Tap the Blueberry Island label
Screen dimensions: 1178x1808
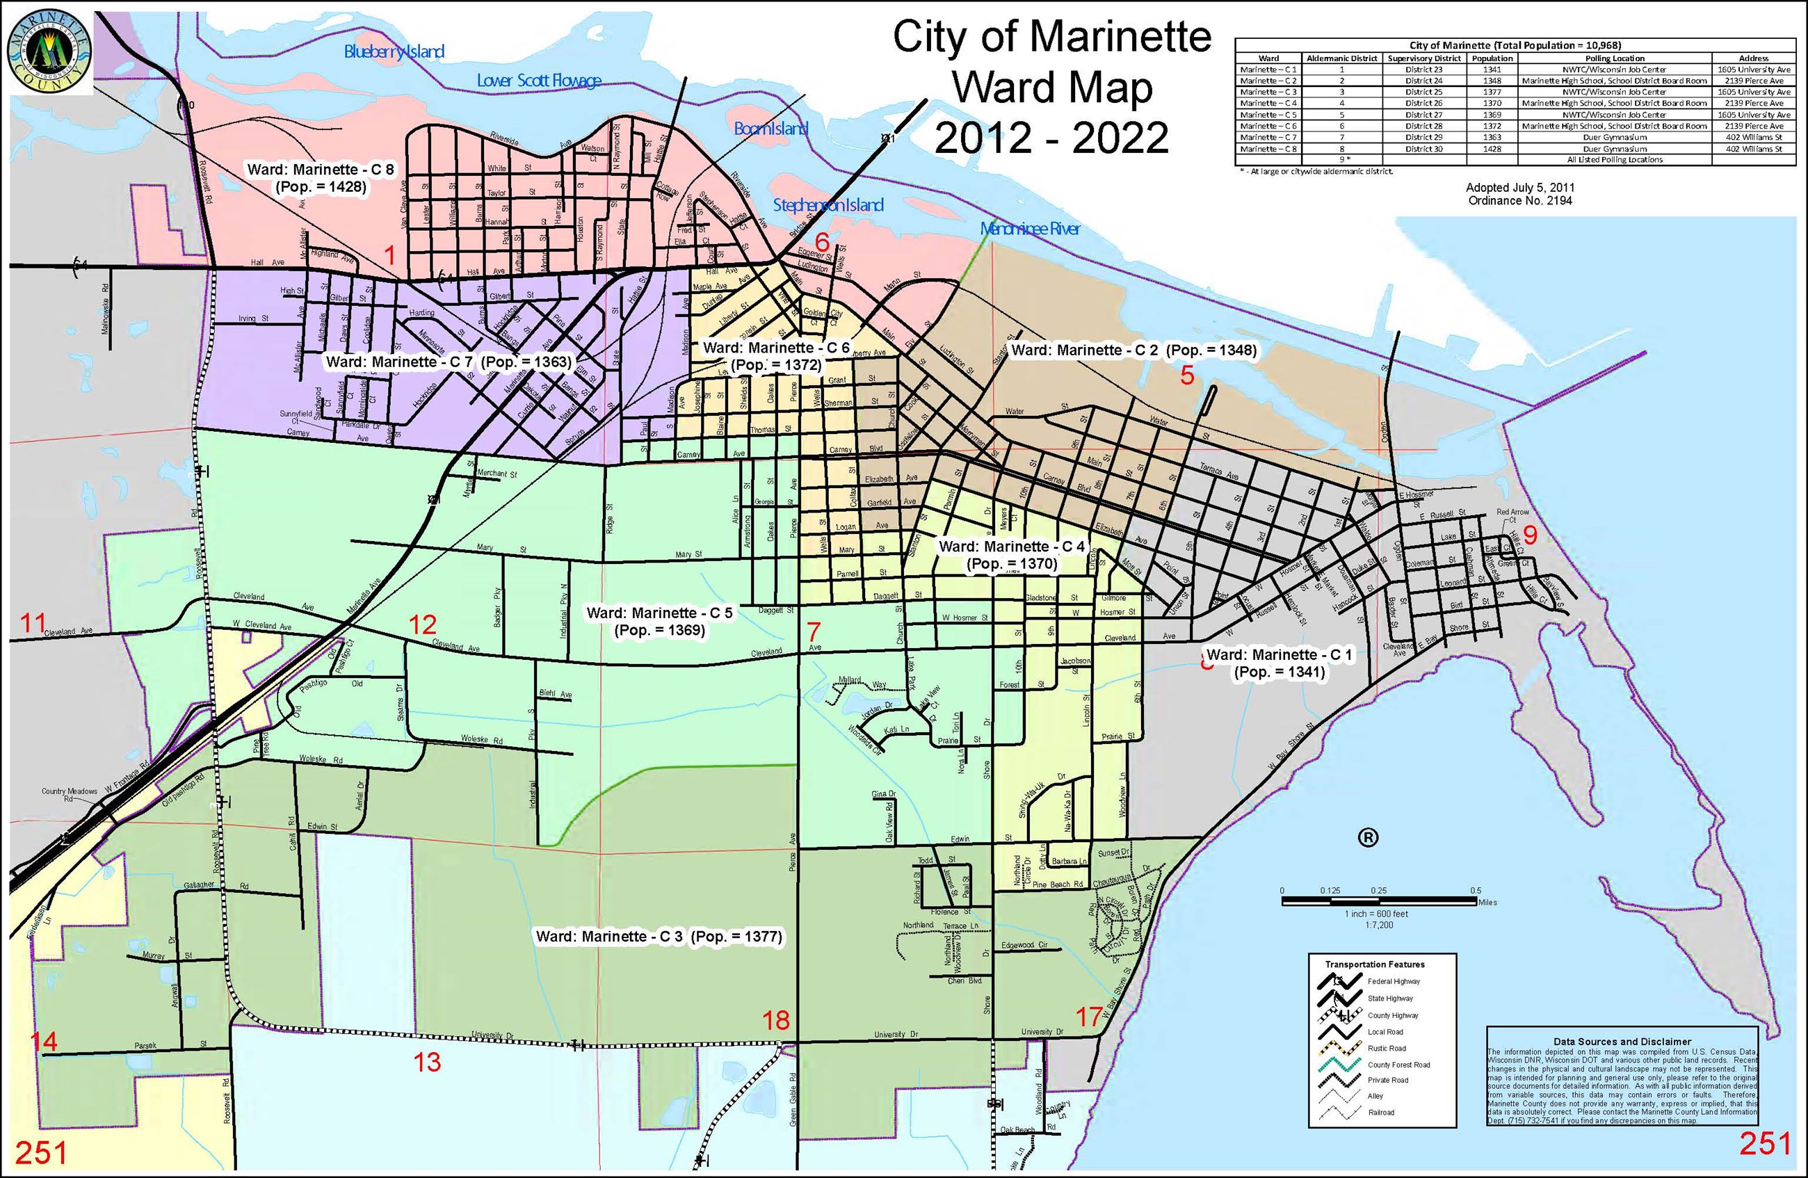tap(394, 51)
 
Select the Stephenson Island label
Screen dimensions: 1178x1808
tap(828, 204)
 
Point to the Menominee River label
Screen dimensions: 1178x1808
tap(1029, 229)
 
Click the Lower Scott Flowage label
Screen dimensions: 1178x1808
tap(539, 81)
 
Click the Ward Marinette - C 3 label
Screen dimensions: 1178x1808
tap(659, 937)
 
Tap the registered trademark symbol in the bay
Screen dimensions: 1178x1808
tap(1367, 837)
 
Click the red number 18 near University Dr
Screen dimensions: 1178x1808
tap(775, 1020)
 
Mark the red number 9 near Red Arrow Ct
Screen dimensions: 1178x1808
tap(1529, 535)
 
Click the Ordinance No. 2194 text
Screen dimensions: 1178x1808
tap(1519, 200)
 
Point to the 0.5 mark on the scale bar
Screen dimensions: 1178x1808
tap(1476, 891)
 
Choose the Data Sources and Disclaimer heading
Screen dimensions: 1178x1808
tap(1621, 1041)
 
